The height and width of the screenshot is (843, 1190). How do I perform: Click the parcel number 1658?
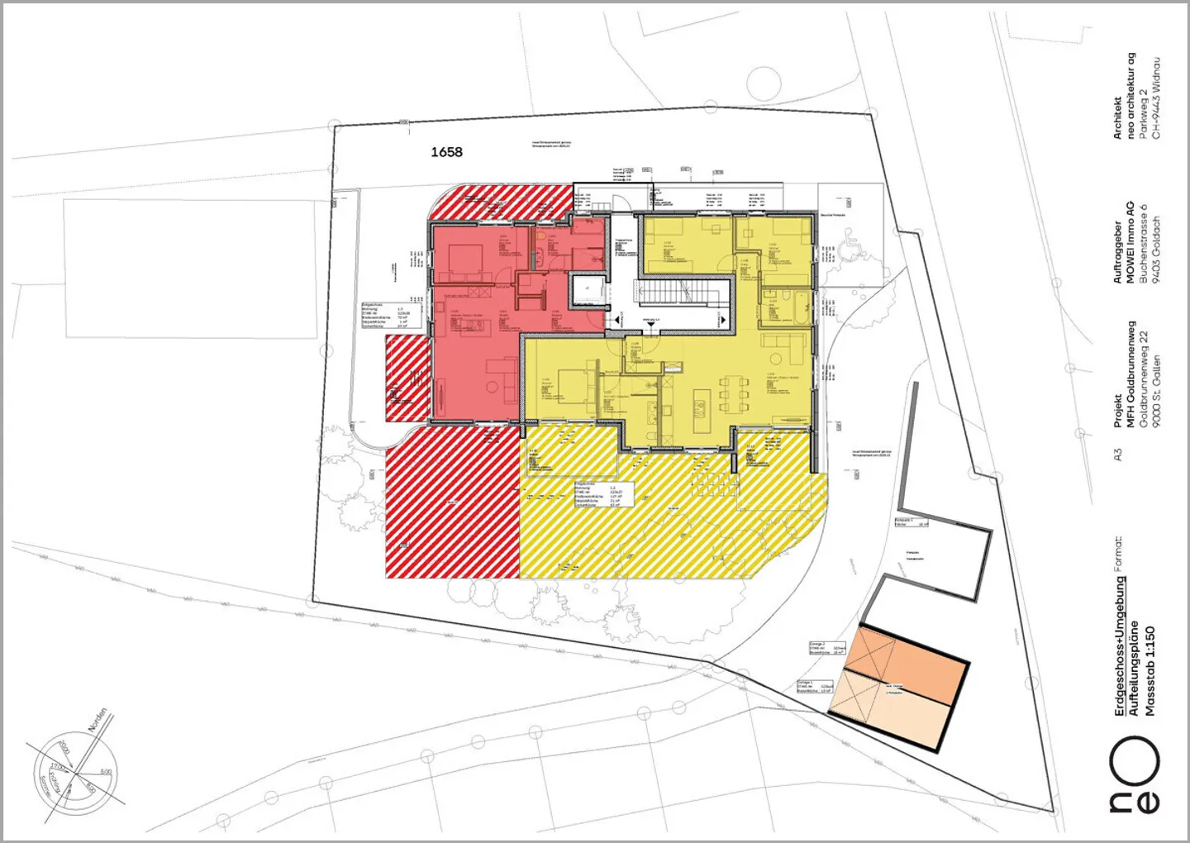446,152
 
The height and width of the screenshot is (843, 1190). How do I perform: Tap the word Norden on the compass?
97,720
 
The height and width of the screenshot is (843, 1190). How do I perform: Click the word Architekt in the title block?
1118,117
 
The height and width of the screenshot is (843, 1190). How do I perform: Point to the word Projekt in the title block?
1118,411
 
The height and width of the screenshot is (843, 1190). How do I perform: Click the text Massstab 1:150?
1150,670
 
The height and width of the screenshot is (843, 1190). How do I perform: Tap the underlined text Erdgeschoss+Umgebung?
1120,645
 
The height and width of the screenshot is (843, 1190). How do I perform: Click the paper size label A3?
1118,455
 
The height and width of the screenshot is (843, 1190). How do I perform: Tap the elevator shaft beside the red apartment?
587,288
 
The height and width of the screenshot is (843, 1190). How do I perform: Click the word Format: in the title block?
1118,554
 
